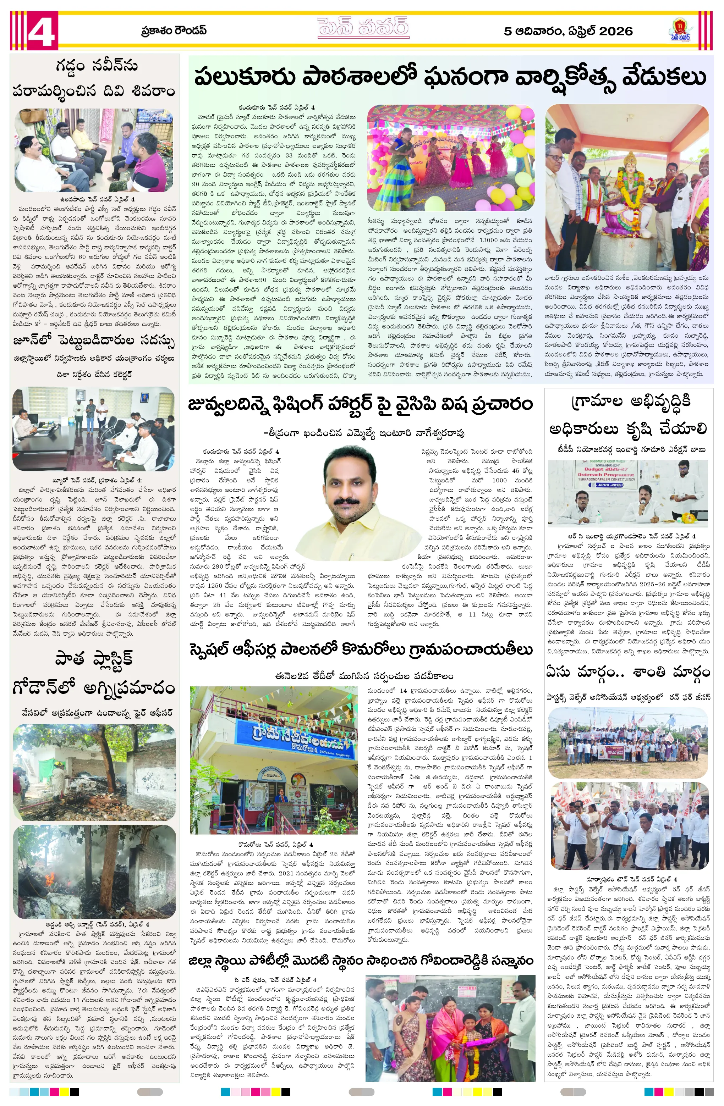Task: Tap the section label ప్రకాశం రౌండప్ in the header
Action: [x=174, y=31]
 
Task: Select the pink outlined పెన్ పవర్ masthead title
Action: [x=363, y=28]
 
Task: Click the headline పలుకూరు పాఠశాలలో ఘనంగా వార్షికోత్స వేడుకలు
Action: [x=450, y=77]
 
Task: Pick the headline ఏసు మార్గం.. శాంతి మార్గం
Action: [x=628, y=672]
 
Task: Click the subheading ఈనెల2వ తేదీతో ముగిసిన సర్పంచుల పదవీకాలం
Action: [x=364, y=676]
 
